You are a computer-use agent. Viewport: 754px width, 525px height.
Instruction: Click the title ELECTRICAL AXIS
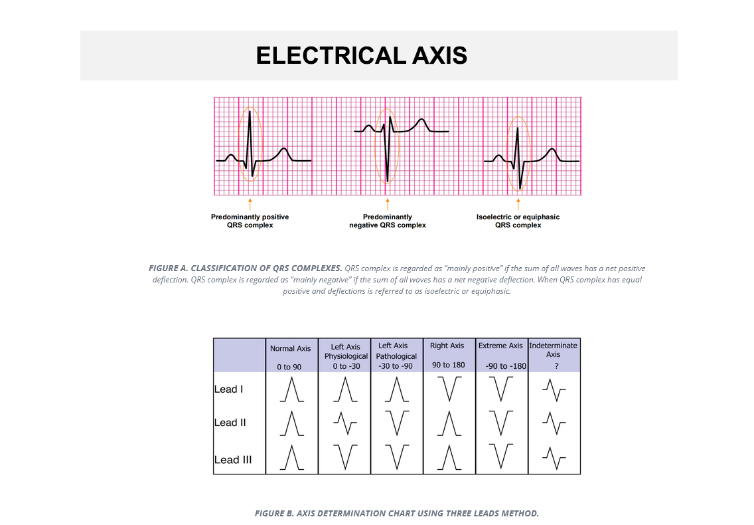[362, 55]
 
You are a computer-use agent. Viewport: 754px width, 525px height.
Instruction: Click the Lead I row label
[229, 389]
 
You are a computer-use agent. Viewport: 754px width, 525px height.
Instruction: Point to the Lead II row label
[230, 423]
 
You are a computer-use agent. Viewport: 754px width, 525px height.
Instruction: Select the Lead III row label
[233, 459]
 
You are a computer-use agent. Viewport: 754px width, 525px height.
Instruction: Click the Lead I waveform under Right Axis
[449, 389]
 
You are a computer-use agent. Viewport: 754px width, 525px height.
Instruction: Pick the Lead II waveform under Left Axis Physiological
[345, 423]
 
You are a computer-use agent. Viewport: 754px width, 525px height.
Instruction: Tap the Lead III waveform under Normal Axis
[292, 457]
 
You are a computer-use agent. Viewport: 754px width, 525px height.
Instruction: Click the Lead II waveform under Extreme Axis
[501, 423]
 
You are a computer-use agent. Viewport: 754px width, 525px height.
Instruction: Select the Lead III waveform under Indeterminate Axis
[554, 458]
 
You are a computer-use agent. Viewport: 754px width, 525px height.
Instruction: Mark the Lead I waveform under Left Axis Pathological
[397, 389]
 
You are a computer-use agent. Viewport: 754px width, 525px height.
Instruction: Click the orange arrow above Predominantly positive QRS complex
[250, 203]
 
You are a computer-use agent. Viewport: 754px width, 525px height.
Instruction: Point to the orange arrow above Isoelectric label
[518, 203]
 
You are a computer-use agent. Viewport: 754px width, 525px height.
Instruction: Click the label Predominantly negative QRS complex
[388, 221]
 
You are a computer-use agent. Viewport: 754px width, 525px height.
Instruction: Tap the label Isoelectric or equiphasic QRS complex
[518, 221]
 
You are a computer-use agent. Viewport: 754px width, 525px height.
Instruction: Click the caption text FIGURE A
[169, 268]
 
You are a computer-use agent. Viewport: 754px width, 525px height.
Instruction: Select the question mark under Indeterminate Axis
[556, 366]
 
